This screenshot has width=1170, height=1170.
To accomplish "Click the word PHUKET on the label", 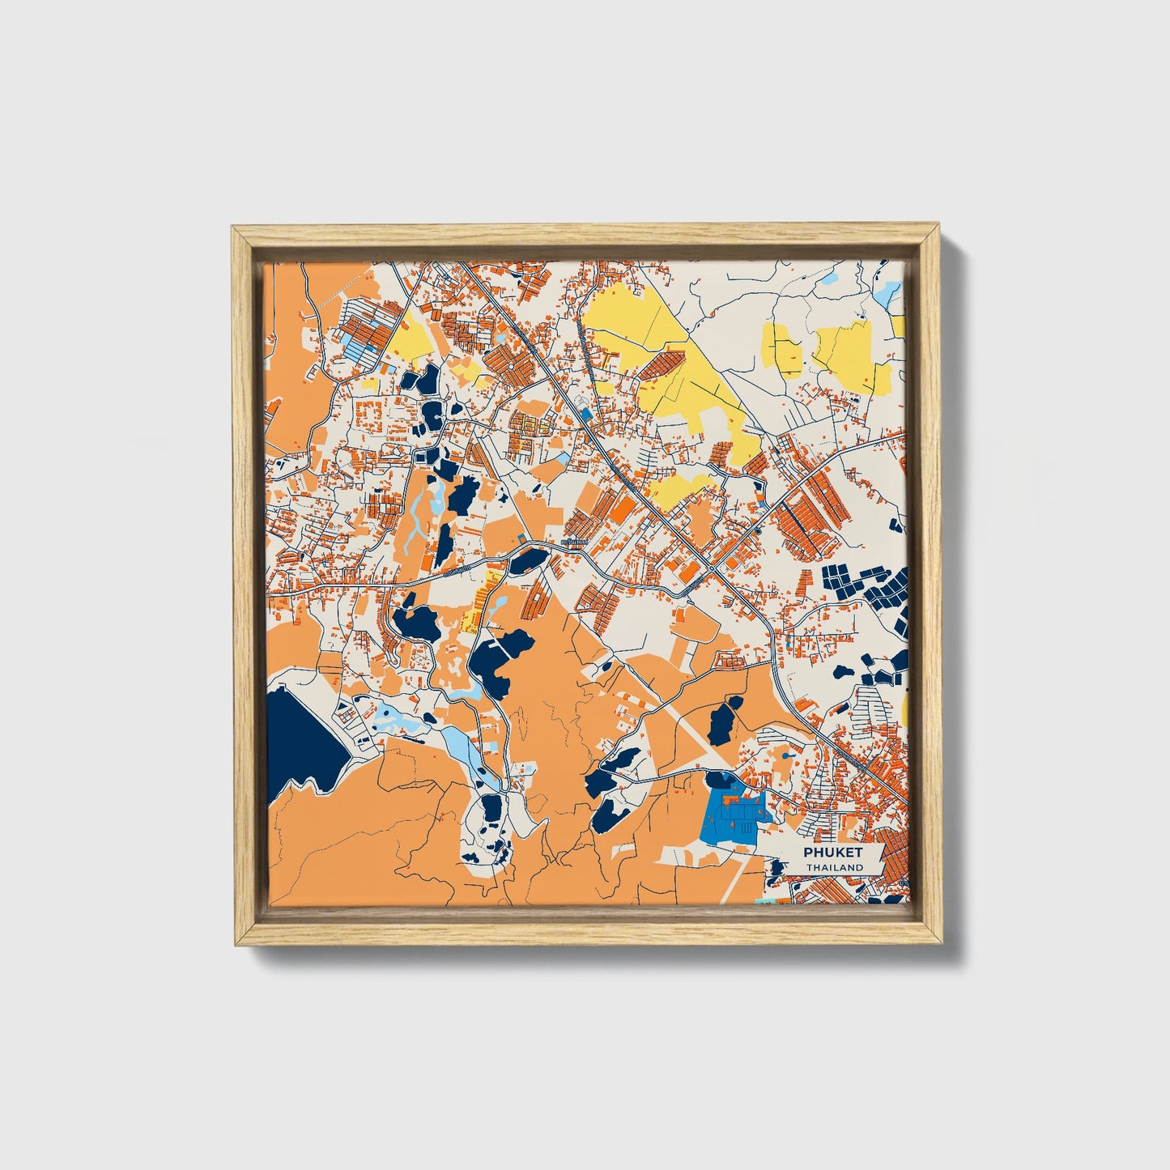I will click(x=833, y=852).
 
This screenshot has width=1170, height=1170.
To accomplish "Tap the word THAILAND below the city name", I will click(x=834, y=867).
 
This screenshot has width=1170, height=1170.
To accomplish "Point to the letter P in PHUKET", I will click(x=808, y=852).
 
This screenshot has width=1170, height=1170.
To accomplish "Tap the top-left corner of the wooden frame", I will click(x=235, y=230).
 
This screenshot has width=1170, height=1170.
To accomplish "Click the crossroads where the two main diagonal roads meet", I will click(x=712, y=569).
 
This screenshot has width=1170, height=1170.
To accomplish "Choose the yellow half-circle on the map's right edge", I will click(x=904, y=713).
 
